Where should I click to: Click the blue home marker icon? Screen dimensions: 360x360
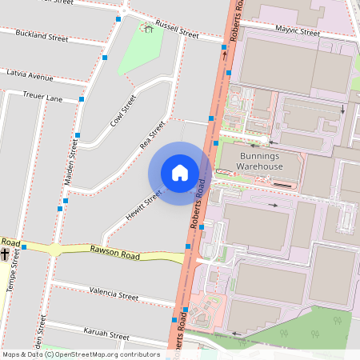point(180,173)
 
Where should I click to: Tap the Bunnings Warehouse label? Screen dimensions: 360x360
point(259,161)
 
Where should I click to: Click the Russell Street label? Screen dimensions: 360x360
point(177,30)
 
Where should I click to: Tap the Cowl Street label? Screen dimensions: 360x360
point(123,111)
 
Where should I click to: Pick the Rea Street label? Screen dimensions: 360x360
point(151,134)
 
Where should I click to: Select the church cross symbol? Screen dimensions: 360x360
point(5,254)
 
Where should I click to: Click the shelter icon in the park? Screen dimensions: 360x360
point(147,29)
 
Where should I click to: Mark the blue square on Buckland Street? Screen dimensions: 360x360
point(105,58)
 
